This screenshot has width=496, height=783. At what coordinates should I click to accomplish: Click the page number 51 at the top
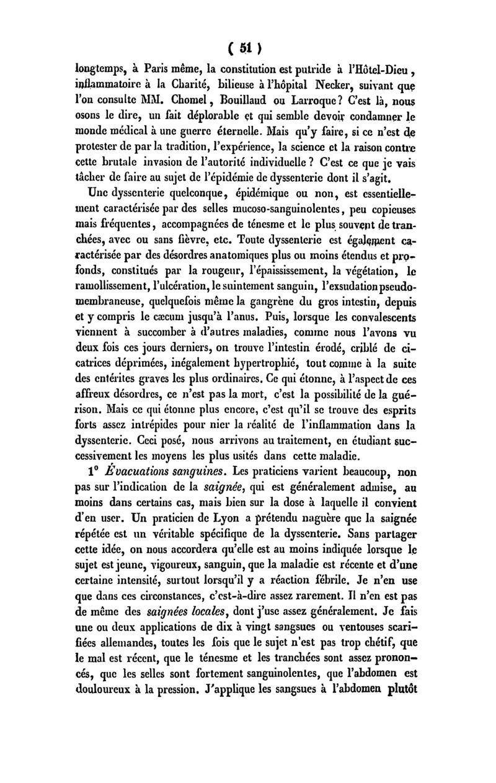[x=247, y=48]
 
